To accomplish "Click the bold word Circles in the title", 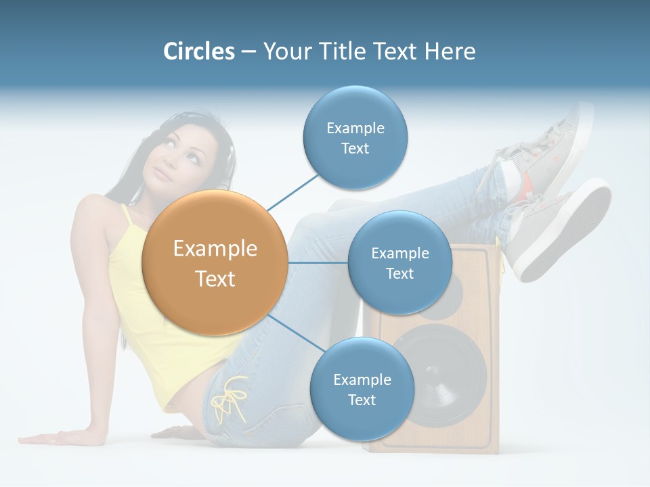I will click(199, 51).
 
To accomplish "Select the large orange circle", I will click(215, 263).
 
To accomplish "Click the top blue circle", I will click(355, 138).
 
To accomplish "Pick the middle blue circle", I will click(399, 263).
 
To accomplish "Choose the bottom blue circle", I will click(362, 390).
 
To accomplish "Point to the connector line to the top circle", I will click(294, 192).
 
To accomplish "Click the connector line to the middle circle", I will click(318, 262).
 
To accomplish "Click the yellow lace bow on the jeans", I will click(229, 399).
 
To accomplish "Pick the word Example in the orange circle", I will click(215, 249).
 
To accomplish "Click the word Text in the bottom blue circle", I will click(362, 400).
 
